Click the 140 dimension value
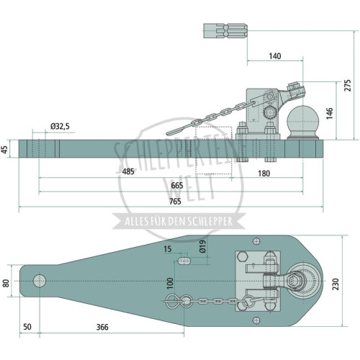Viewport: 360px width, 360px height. point(275,56)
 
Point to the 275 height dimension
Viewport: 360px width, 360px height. point(347,85)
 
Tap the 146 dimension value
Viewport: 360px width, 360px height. point(330,113)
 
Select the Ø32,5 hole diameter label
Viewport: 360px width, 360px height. point(60,126)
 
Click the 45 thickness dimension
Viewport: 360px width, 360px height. point(5,149)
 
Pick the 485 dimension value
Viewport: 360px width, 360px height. point(128,172)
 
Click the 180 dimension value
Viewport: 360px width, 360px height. point(264,174)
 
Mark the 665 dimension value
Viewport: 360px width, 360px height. point(177,186)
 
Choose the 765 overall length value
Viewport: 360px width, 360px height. point(175,202)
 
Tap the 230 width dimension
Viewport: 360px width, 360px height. point(336,284)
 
